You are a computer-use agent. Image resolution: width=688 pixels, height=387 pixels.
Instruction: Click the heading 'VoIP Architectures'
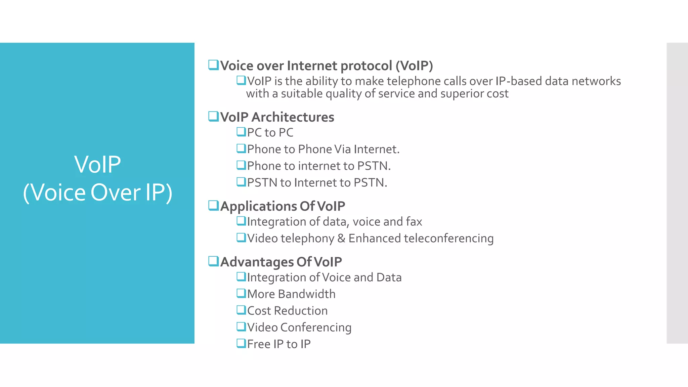(277, 117)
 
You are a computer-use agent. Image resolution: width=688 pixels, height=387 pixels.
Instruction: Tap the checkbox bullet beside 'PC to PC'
(241, 132)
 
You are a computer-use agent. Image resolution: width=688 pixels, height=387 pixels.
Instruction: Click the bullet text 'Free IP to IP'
(279, 344)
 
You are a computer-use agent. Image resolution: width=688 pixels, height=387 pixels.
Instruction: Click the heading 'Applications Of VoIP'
(283, 206)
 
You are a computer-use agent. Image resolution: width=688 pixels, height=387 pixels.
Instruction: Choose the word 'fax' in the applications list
(414, 222)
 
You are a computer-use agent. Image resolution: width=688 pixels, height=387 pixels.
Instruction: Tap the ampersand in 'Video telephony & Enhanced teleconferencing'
(341, 239)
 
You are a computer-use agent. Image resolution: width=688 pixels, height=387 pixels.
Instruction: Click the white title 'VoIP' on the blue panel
(97, 165)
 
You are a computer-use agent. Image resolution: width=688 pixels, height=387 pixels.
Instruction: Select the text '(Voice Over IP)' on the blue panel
(97, 192)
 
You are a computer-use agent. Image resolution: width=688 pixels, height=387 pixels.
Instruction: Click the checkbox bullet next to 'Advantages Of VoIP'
(213, 261)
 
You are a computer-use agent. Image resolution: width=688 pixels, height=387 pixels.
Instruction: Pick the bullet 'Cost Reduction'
(287, 311)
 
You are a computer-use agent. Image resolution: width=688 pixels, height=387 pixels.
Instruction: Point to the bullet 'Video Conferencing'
(299, 328)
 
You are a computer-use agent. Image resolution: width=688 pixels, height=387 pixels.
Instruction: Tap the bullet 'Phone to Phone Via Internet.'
(323, 149)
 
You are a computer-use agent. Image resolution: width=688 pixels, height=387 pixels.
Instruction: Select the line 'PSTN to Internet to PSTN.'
(317, 183)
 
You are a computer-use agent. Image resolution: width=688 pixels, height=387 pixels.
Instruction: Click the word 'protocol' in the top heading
(366, 66)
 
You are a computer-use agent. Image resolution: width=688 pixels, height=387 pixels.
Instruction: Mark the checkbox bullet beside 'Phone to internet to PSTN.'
(241, 165)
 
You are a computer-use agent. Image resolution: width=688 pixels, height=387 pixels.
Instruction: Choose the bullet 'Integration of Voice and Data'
(324, 277)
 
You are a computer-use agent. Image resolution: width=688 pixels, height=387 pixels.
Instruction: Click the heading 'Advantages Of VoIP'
(281, 262)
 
